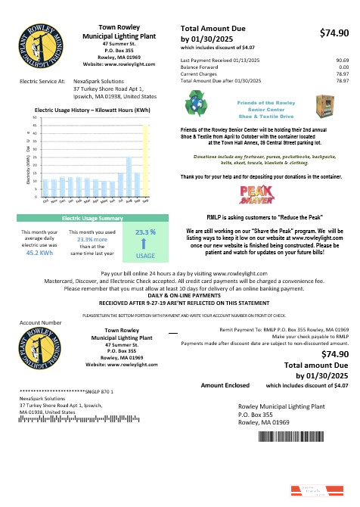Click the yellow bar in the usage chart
pyautogui.click(x=145, y=159)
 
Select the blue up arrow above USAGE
pyautogui.click(x=144, y=243)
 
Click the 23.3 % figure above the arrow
pyautogui.click(x=144, y=232)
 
